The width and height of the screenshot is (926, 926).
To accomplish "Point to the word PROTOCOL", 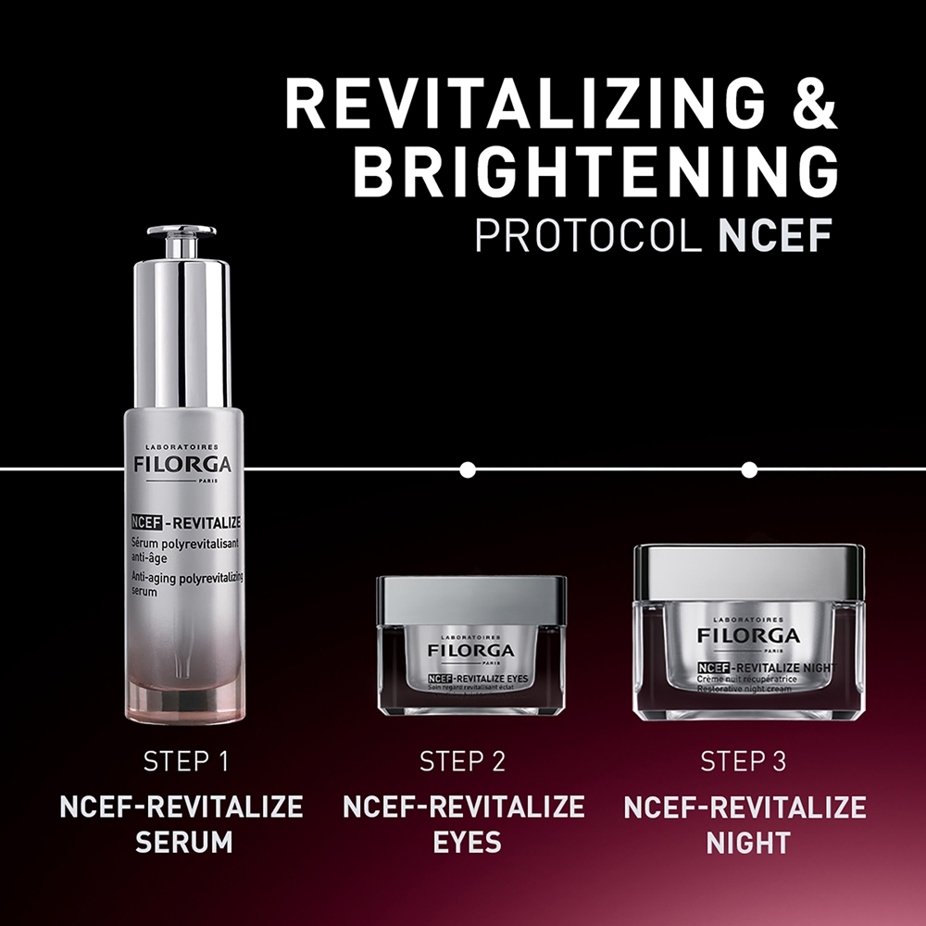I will (x=589, y=236).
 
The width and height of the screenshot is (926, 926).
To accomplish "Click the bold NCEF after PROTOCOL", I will (x=774, y=236).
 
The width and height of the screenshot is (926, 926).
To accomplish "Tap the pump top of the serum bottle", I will (x=181, y=239).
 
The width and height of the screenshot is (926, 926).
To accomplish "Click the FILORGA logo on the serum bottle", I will (x=182, y=463).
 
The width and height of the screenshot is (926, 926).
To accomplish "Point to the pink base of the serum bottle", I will (x=184, y=701).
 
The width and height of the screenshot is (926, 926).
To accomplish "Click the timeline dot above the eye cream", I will (x=468, y=470).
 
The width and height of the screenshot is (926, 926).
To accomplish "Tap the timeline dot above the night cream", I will (x=749, y=470).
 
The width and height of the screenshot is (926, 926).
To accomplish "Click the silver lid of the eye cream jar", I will (x=471, y=598).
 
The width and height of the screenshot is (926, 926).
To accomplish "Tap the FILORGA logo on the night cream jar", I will (x=748, y=635).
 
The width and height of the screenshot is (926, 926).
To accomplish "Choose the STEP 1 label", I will (x=185, y=762).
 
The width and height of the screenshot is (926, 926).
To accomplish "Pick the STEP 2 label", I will (x=463, y=762).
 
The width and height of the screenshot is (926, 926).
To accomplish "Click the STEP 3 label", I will (x=744, y=762).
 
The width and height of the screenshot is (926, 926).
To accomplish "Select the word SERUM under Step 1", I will (x=182, y=842).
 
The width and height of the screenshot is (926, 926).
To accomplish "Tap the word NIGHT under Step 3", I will (x=747, y=843).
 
